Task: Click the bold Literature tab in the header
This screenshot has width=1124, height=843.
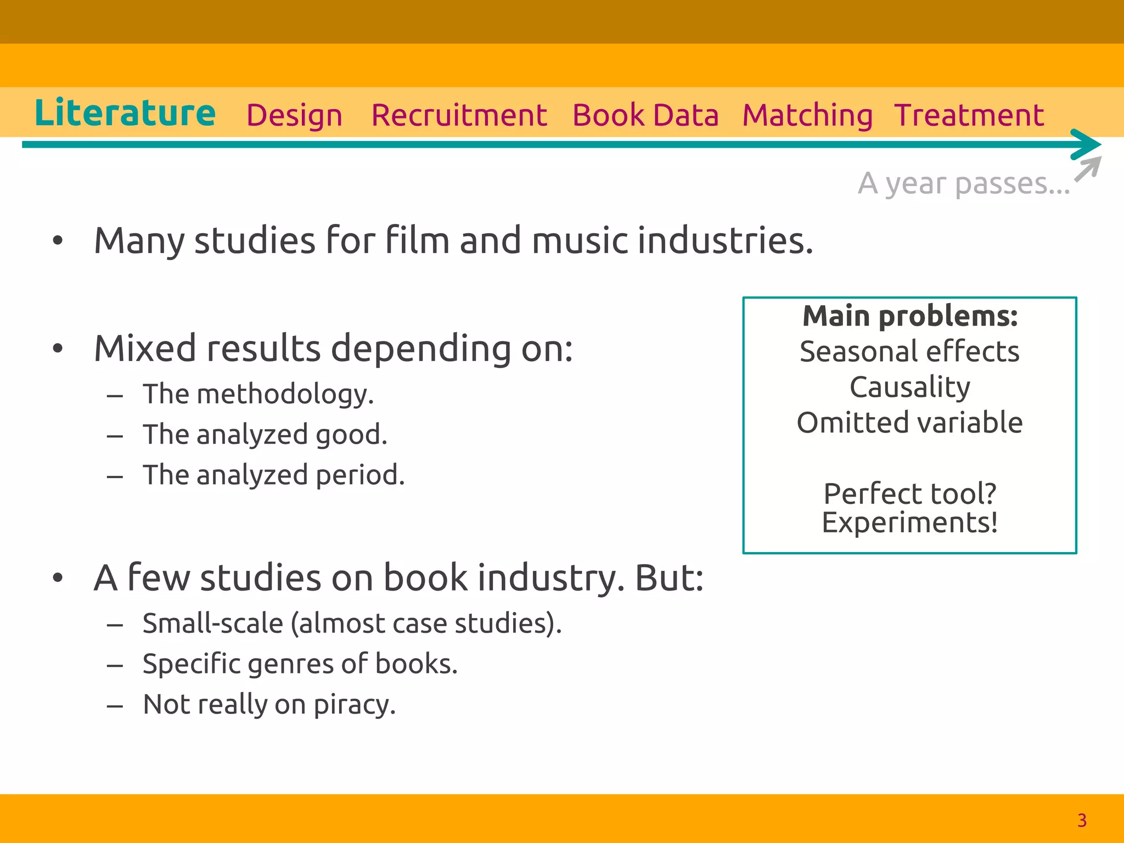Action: click(x=125, y=113)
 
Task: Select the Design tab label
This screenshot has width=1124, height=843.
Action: click(x=294, y=116)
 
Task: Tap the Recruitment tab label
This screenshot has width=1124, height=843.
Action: click(x=459, y=116)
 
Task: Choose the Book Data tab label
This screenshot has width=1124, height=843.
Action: click(x=645, y=116)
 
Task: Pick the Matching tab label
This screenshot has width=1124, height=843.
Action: click(x=807, y=116)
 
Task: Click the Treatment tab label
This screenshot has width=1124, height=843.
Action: click(x=969, y=116)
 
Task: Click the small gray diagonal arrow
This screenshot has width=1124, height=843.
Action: click(x=1088, y=169)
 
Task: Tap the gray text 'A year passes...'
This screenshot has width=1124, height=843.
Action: click(x=964, y=184)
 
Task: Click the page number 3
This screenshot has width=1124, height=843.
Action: click(x=1082, y=820)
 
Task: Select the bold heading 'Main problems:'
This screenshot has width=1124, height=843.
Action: click(x=910, y=317)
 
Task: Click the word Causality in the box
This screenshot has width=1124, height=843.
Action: click(x=910, y=387)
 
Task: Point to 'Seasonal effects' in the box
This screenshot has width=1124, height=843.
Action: click(x=910, y=352)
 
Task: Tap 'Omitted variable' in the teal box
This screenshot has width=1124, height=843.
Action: click(x=910, y=423)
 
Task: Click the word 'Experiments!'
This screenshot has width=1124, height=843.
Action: click(x=910, y=522)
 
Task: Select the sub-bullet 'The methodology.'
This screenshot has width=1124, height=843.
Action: click(x=258, y=394)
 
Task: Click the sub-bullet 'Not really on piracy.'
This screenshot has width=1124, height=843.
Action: click(x=269, y=705)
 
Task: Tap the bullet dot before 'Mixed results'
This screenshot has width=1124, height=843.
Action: click(x=58, y=349)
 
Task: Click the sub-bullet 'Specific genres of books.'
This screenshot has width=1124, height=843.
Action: click(x=300, y=664)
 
